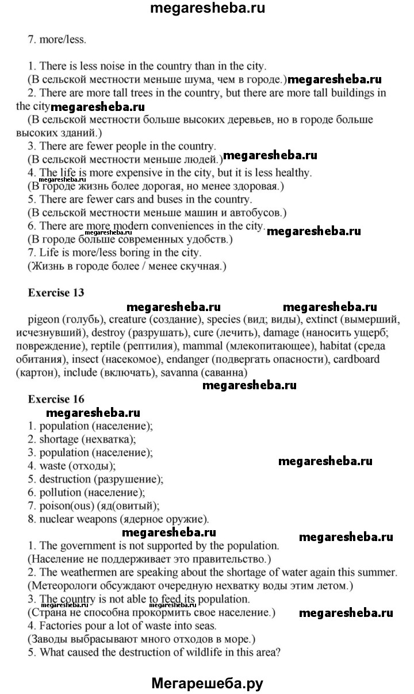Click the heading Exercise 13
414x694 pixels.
[56, 293]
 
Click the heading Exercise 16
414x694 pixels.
[56, 398]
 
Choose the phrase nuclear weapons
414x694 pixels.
[78, 519]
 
